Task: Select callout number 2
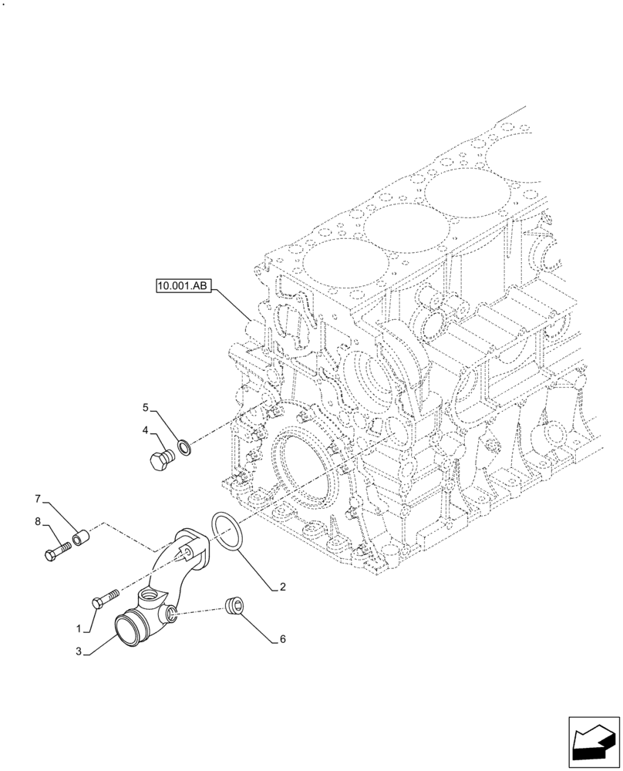[x=283, y=588]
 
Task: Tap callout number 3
[x=79, y=651]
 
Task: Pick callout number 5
[x=144, y=406]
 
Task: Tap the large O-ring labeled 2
[x=227, y=532]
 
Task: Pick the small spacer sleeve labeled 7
[x=79, y=534]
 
